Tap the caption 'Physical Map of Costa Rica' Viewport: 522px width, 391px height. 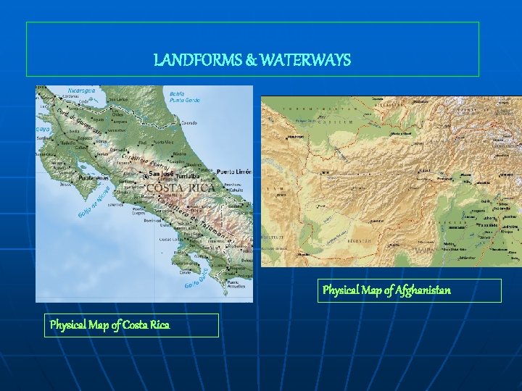coord(109,325)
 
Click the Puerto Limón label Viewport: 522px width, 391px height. coord(233,172)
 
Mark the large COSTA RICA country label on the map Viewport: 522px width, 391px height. coord(181,188)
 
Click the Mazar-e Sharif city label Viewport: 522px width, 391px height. coord(401,134)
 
